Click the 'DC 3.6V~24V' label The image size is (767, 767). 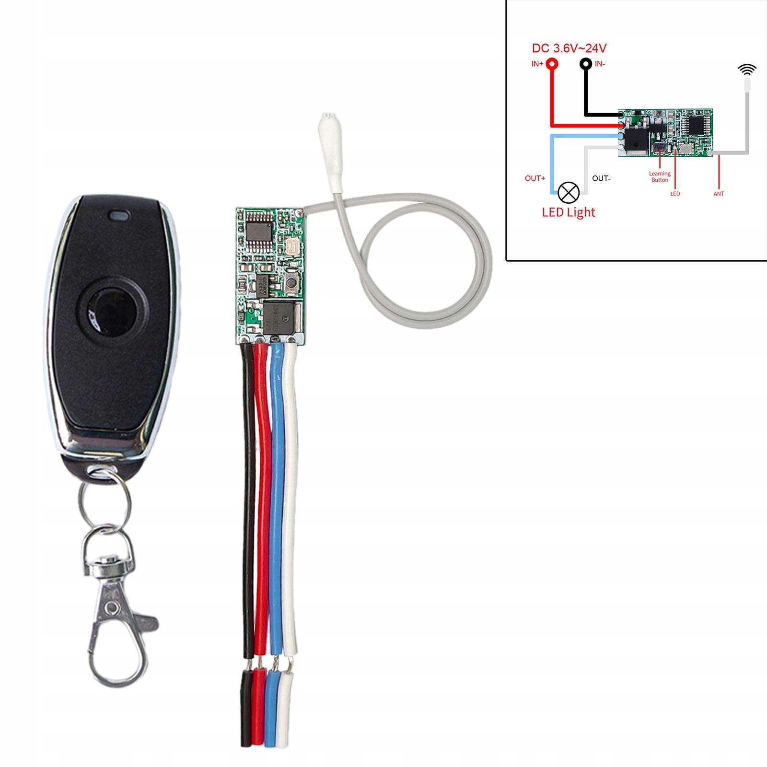569,48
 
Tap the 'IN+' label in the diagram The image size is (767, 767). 537,64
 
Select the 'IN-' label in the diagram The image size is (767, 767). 600,64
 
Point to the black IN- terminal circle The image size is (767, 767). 585,64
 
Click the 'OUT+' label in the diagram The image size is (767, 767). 535,178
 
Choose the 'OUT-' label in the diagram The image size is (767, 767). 601,178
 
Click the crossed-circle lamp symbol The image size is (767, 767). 569,193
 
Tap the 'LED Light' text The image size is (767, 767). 569,212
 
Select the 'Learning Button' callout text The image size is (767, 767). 660,177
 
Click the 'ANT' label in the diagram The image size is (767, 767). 719,194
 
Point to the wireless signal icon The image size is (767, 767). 747,70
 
